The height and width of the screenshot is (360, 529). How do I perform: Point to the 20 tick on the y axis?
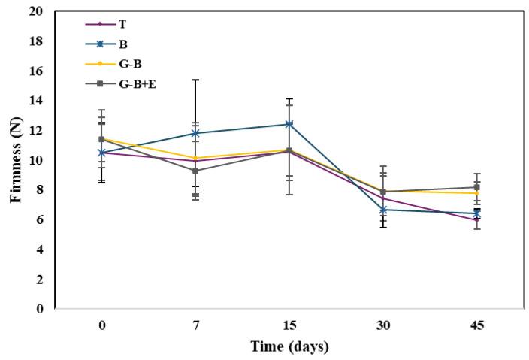(x=37, y=12)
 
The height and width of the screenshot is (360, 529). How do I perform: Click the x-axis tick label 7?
(x=195, y=325)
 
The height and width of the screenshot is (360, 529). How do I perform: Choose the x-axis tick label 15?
(x=289, y=325)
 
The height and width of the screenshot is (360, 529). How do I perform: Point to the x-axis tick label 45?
(x=476, y=325)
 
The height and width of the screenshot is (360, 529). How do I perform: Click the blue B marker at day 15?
(x=289, y=124)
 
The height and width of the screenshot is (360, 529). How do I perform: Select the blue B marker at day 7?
(x=195, y=133)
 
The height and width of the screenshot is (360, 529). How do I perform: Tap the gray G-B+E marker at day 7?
(x=195, y=171)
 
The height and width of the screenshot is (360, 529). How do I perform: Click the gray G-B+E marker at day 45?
(x=476, y=187)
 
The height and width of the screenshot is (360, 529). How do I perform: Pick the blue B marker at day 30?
(x=383, y=210)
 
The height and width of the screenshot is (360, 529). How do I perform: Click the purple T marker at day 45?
(x=476, y=219)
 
